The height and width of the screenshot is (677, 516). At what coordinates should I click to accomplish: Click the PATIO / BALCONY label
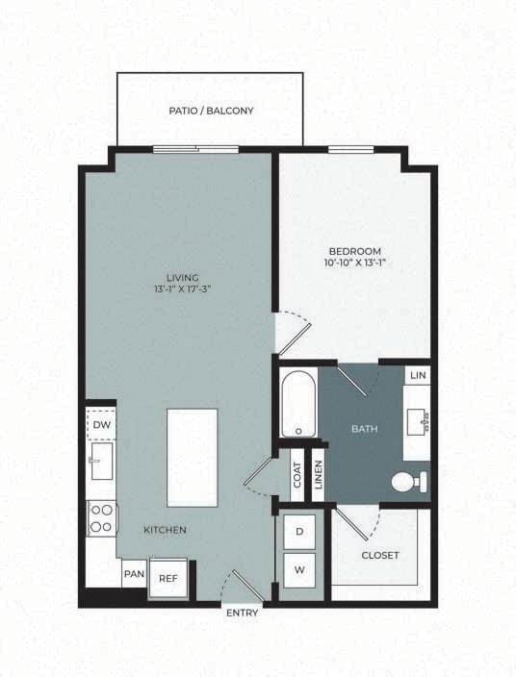tap(211, 111)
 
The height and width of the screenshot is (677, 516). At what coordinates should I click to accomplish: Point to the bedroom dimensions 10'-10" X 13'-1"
tap(355, 263)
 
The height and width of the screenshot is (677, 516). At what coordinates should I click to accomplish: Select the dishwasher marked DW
tap(100, 424)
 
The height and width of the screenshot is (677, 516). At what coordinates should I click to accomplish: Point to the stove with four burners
tap(101, 519)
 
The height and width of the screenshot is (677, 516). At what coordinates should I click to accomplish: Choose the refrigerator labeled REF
tap(168, 578)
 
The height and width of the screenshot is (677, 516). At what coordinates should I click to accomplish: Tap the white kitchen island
tap(193, 458)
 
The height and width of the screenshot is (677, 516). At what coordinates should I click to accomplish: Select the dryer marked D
tap(298, 532)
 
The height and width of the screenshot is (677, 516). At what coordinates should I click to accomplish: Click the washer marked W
tap(298, 570)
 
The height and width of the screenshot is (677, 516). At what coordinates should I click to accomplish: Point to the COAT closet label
tap(297, 476)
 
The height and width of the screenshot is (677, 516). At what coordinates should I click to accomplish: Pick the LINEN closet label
tap(317, 476)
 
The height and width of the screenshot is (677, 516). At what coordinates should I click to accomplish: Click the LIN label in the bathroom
tap(417, 375)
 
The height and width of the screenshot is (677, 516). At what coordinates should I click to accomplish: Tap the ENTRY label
tap(242, 613)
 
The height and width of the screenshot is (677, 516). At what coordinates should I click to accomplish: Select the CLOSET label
tap(379, 555)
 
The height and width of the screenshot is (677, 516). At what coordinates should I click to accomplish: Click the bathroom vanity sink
tap(419, 420)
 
